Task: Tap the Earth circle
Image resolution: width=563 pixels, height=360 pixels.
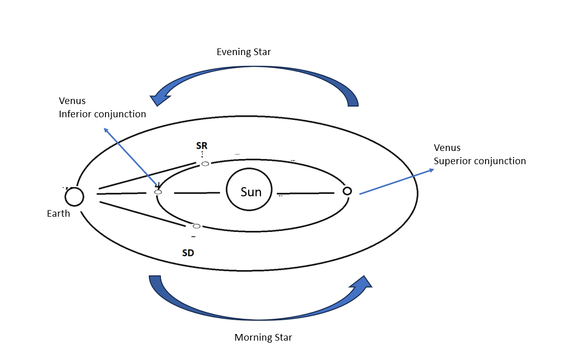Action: (x=74, y=196)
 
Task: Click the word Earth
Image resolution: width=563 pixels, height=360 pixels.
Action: (x=59, y=214)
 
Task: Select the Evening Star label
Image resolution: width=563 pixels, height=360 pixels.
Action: (x=244, y=52)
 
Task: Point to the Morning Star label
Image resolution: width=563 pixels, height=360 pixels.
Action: (x=263, y=338)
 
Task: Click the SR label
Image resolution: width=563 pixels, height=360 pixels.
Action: (x=202, y=145)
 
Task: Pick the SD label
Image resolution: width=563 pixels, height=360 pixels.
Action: (x=188, y=252)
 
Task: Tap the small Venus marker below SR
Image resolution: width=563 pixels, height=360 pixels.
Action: (x=205, y=164)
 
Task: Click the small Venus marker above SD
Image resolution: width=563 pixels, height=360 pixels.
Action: (x=197, y=226)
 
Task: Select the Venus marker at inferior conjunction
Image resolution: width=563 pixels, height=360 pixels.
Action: (x=158, y=192)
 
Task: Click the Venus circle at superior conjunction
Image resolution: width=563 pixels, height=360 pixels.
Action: (x=347, y=191)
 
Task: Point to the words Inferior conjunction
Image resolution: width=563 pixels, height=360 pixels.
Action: (x=102, y=114)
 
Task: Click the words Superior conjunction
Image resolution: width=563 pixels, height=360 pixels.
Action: (x=479, y=161)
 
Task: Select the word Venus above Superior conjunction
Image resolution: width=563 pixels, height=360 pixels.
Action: (x=447, y=148)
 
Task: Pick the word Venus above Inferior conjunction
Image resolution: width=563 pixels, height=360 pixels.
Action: (x=72, y=101)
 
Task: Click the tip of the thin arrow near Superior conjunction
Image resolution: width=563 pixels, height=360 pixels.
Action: (x=434, y=169)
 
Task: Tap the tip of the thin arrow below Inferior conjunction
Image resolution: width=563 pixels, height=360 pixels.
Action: (x=104, y=128)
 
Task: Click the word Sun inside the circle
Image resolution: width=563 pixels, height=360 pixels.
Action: (x=251, y=192)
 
